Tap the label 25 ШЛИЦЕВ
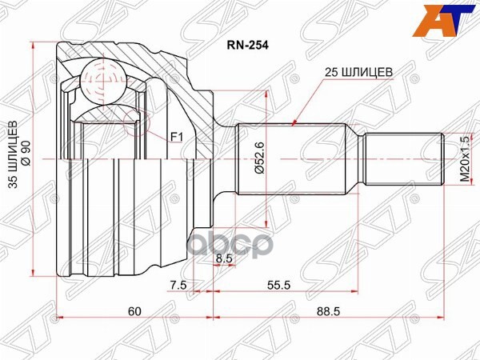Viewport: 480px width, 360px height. pyautogui.click(x=358, y=72)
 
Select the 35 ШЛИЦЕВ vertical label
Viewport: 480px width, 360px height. pyautogui.click(x=12, y=152)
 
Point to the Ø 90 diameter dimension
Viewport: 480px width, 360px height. pyautogui.click(x=26, y=152)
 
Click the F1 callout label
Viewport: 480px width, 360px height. pyautogui.click(x=176, y=137)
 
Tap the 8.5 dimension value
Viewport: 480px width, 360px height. pyautogui.click(x=224, y=258)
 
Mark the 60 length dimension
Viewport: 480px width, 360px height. pyautogui.click(x=111, y=310)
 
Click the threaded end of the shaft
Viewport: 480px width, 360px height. pyautogui.click(x=404, y=161)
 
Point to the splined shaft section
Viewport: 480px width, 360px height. pyautogui.click(x=292, y=160)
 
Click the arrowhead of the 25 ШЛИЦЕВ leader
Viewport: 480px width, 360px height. pyautogui.click(x=295, y=123)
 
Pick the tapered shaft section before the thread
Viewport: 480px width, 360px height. pyautogui.click(x=355, y=160)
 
